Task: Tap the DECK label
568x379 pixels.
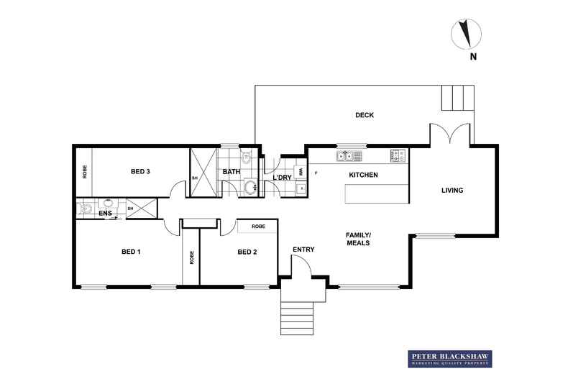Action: tap(365, 115)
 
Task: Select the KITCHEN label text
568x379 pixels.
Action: tap(363, 175)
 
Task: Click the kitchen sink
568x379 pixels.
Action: tap(344, 155)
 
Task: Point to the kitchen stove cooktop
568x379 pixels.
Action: tap(398, 155)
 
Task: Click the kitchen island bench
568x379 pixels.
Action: tap(376, 194)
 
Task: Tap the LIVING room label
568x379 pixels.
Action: tap(452, 191)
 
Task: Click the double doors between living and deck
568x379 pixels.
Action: tap(451, 134)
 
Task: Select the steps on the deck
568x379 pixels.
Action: tap(457, 98)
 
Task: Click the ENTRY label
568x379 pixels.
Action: tap(302, 250)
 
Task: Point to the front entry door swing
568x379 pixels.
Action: tap(301, 267)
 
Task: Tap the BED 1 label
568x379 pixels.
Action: tap(130, 252)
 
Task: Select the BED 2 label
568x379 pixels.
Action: tap(247, 252)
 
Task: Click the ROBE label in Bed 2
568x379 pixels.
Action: tap(257, 227)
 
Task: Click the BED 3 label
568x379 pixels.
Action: tap(140, 171)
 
